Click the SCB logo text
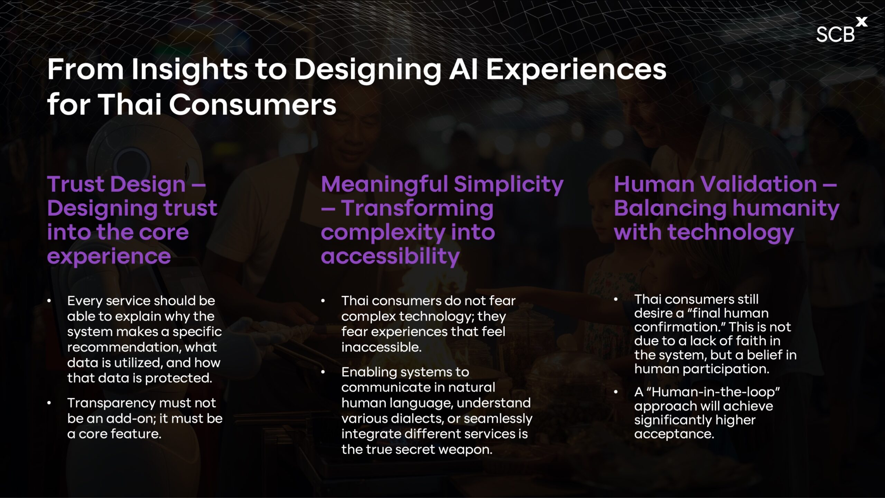coord(835,35)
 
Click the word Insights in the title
coord(190,70)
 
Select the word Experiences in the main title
coord(576,70)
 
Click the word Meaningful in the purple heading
coord(384,185)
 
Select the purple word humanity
coord(786,209)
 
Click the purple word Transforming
coord(417,209)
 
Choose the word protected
coord(178,378)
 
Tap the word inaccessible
coord(381,347)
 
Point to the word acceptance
coord(674,434)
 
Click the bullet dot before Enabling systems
coord(323,372)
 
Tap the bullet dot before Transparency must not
coord(49,403)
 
